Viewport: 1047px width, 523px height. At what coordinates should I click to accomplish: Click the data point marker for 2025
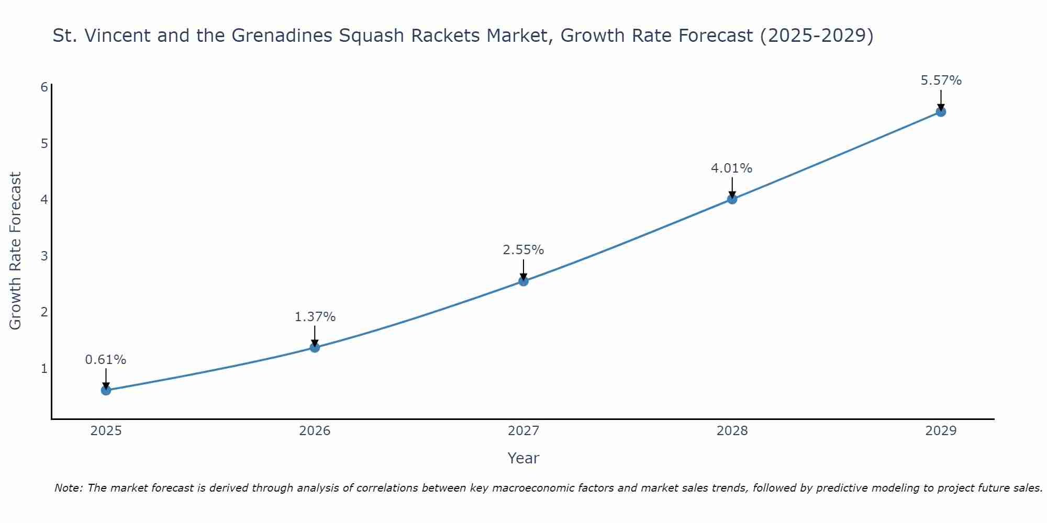pyautogui.click(x=106, y=390)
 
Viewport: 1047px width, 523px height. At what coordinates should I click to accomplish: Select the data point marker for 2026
pyautogui.click(x=315, y=347)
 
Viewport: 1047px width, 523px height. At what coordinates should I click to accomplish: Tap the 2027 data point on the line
pyautogui.click(x=523, y=281)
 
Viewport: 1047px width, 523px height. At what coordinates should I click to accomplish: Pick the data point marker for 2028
pyautogui.click(x=732, y=199)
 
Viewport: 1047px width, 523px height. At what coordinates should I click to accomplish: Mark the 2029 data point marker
pyautogui.click(x=941, y=112)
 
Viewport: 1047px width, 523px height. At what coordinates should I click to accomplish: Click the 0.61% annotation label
pyautogui.click(x=106, y=360)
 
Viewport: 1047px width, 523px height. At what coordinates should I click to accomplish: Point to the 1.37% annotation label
pyautogui.click(x=315, y=317)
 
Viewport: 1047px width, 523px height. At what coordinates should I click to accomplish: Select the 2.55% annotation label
pyautogui.click(x=523, y=250)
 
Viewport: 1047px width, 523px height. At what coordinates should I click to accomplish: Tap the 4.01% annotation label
pyautogui.click(x=731, y=168)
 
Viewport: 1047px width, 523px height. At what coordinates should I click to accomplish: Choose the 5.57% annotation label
pyautogui.click(x=941, y=81)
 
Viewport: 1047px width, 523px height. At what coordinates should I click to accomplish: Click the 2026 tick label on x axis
pyautogui.click(x=315, y=431)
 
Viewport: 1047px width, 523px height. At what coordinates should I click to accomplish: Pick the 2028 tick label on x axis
pyautogui.click(x=732, y=431)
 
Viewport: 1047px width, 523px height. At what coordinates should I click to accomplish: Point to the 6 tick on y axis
pyautogui.click(x=44, y=87)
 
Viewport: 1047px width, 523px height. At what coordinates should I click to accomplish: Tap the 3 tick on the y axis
pyautogui.click(x=44, y=256)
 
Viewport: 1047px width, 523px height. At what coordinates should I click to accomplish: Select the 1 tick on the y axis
pyautogui.click(x=44, y=369)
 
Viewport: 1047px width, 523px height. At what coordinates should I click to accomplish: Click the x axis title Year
pyautogui.click(x=523, y=458)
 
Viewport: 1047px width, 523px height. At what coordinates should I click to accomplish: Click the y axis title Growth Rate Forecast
pyautogui.click(x=16, y=251)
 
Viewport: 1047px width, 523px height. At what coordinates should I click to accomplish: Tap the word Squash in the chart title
pyautogui.click(x=372, y=36)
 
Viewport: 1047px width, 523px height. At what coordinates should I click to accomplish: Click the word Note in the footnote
pyautogui.click(x=68, y=488)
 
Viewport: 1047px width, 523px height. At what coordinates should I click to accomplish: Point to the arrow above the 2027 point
pyautogui.click(x=523, y=269)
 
